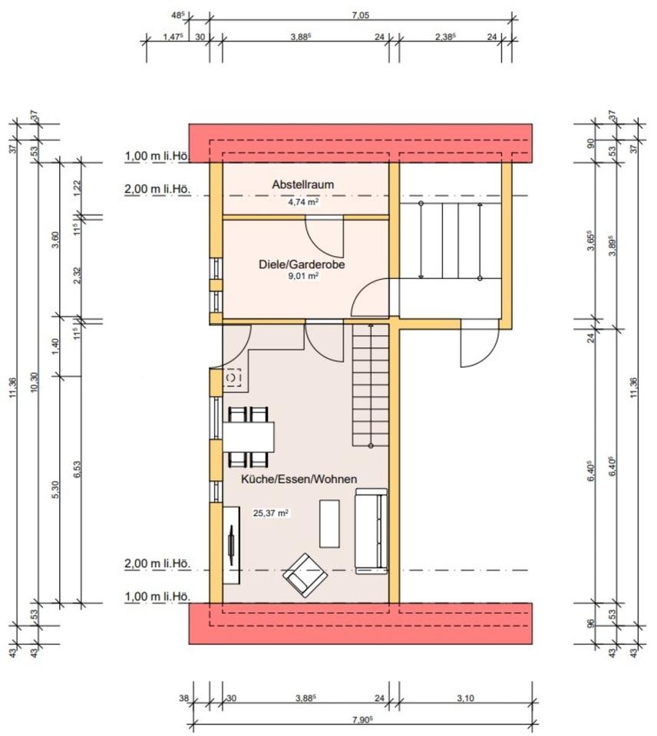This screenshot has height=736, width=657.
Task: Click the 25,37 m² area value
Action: [x=271, y=514]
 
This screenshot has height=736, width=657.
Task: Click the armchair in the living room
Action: [x=305, y=575]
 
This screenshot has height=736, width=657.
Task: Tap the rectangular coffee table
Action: [x=329, y=523]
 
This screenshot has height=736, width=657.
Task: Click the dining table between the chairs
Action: [x=249, y=437]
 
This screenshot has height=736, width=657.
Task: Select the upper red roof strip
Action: [x=361, y=143]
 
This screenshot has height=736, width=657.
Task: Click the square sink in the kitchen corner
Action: [x=233, y=377]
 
